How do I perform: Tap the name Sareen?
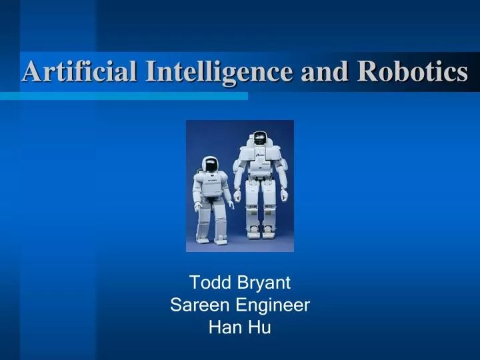(x=197, y=305)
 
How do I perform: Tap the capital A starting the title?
(x=29, y=71)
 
